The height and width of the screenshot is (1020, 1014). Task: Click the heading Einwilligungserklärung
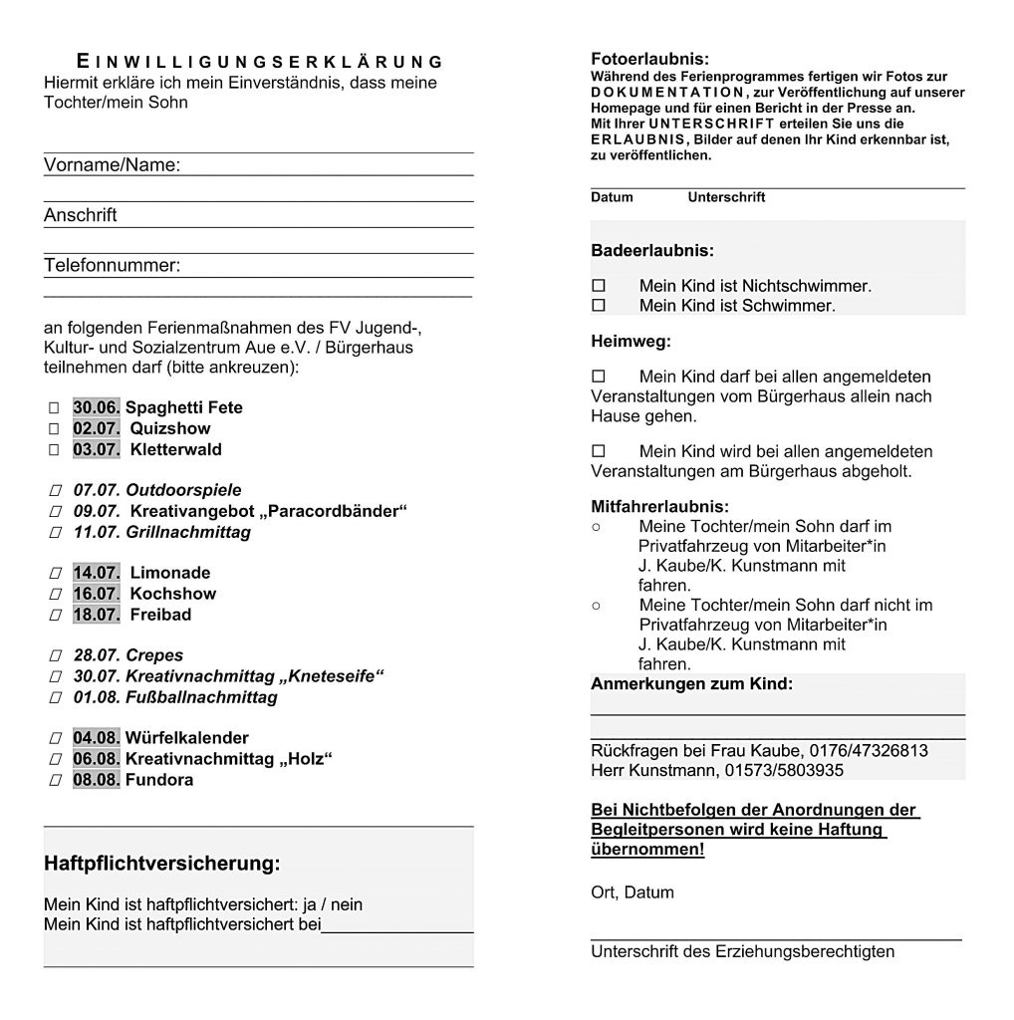(260, 61)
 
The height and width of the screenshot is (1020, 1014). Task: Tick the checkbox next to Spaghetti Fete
(53, 408)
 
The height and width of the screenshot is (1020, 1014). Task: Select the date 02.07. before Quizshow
(97, 428)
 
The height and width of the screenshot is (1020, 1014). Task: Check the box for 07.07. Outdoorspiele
(53, 491)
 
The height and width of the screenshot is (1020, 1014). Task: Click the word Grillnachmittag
(188, 532)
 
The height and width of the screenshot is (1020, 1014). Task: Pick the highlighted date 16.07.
(97, 594)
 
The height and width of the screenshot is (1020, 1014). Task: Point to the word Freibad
(160, 615)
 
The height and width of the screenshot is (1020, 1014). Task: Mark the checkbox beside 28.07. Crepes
(53, 656)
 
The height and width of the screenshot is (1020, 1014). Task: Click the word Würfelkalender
(187, 738)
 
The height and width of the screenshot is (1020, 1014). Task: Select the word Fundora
(159, 780)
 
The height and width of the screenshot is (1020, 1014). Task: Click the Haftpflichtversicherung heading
(162, 864)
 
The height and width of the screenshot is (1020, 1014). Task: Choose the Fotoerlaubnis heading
(649, 59)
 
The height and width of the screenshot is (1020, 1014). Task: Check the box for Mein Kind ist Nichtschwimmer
(599, 286)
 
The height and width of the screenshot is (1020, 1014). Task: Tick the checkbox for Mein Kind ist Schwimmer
(599, 305)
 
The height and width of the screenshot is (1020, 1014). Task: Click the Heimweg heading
(631, 342)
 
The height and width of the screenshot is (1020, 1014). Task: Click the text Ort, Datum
(633, 892)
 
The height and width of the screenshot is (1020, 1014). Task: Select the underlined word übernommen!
(647, 849)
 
